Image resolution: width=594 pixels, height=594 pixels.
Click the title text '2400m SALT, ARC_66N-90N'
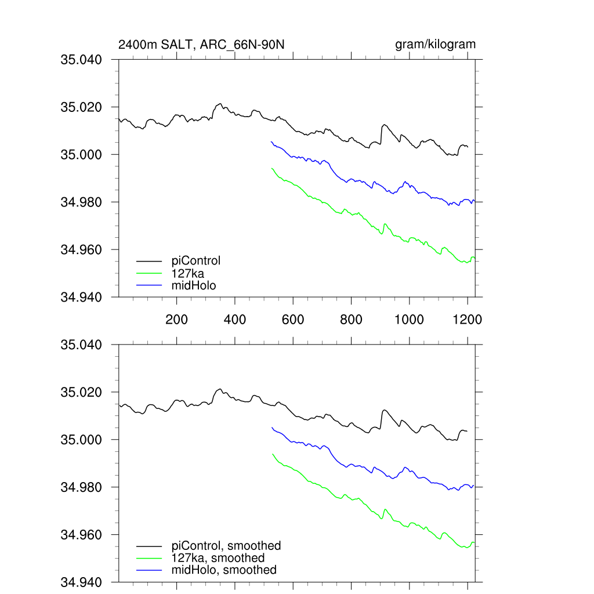point(201,45)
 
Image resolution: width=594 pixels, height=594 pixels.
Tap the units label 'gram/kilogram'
point(435,45)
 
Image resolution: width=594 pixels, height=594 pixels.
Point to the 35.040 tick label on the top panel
point(81,60)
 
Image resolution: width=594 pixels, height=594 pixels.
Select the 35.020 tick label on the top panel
point(81,107)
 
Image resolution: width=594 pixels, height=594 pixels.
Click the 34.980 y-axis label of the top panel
point(81,202)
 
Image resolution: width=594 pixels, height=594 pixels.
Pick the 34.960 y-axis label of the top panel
point(81,250)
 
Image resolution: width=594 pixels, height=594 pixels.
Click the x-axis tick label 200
point(176,319)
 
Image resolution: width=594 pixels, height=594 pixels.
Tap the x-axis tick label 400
point(235,319)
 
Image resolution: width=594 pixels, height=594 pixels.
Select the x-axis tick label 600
point(293,319)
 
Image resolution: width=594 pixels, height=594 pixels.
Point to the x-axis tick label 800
point(352,319)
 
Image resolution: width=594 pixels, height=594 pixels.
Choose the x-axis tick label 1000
point(410,319)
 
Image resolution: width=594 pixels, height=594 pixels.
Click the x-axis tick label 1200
point(468,319)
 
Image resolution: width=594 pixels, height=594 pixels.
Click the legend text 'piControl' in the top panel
point(196,260)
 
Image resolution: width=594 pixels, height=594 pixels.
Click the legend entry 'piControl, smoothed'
point(226,546)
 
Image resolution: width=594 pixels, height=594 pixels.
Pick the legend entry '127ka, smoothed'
point(218,558)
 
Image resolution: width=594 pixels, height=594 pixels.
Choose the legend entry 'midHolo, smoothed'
point(224,570)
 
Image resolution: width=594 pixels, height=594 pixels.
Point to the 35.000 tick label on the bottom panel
point(81,440)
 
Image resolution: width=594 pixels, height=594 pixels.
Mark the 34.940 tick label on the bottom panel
point(81,582)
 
